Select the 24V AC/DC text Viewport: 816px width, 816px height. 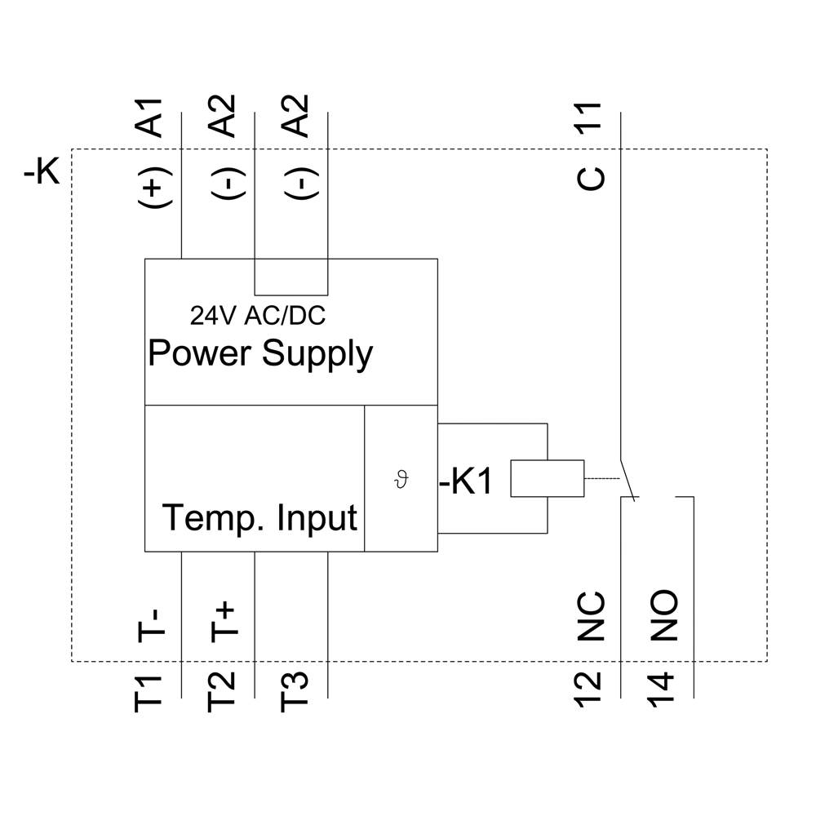coord(258,315)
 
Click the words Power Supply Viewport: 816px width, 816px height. coord(260,354)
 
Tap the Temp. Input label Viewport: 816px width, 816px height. coord(260,518)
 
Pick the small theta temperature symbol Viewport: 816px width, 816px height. coord(400,479)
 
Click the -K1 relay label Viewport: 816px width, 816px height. coord(466,482)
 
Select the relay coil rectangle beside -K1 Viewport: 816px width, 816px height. coord(547,479)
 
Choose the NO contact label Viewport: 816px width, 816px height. coord(664,617)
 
